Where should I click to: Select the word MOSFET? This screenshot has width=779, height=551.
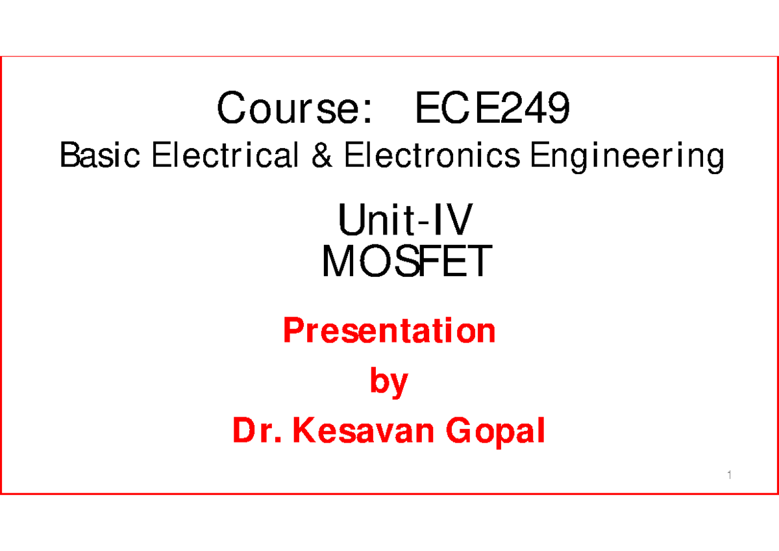click(406, 263)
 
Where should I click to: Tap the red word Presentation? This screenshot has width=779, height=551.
click(389, 332)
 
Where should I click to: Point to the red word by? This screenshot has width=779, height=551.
click(389, 383)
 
